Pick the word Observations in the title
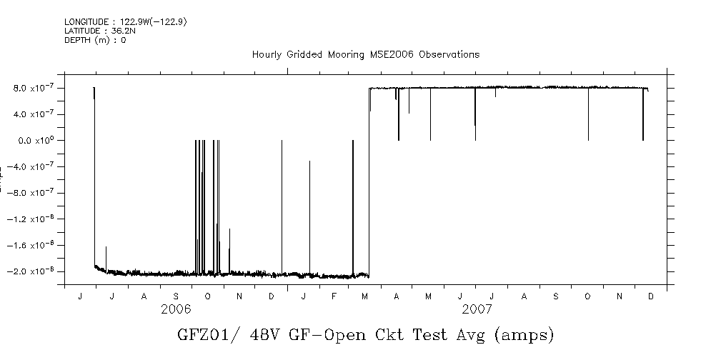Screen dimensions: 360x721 [x=449, y=54]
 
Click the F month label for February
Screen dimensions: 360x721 [x=334, y=296]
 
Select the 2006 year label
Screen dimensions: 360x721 [x=176, y=309]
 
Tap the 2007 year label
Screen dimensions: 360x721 [x=477, y=309]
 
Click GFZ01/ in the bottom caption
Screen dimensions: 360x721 [x=208, y=335]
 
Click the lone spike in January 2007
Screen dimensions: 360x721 [x=309, y=214]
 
